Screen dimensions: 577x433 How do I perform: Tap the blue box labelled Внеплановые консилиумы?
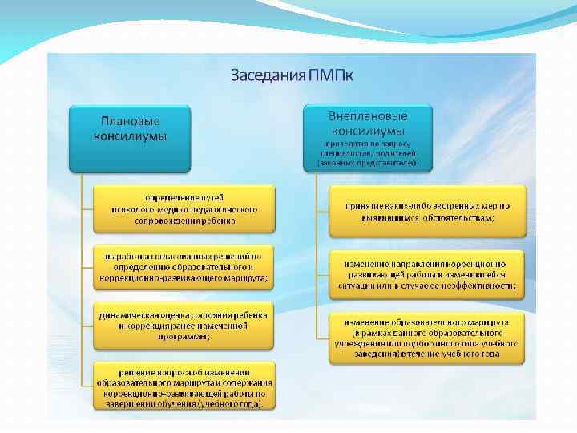368,137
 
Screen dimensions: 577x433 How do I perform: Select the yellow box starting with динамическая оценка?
184,326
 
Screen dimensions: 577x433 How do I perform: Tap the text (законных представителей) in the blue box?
368,163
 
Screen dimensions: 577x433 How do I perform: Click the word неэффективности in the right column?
478,285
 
